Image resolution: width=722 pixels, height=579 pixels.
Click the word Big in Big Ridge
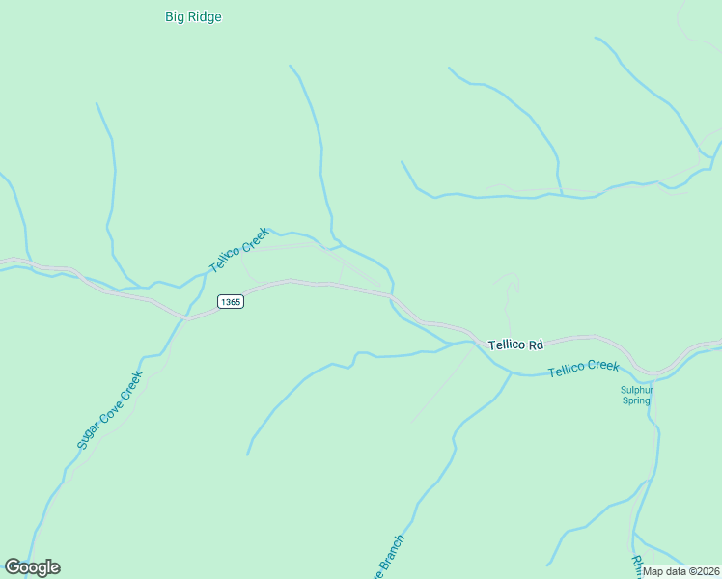[x=175, y=16]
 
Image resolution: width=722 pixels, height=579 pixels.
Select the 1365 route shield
[x=230, y=302]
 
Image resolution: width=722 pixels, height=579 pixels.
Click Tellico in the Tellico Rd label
[x=506, y=345]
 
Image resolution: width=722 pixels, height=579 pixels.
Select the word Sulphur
[x=637, y=391]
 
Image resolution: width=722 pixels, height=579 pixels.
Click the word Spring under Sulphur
[x=637, y=401]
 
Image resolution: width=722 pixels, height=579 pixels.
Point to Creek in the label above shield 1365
[x=253, y=237]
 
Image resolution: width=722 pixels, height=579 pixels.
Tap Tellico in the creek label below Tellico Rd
[x=568, y=371]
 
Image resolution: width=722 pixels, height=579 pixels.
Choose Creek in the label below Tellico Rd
[x=603, y=366]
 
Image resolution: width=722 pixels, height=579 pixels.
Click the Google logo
[x=32, y=567]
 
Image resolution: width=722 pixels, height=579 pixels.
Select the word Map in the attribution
[x=654, y=571]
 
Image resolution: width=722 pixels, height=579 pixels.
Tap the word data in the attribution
[x=677, y=571]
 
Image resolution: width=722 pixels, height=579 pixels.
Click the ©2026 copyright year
[x=705, y=571]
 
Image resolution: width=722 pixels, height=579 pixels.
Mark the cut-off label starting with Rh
[x=637, y=563]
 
